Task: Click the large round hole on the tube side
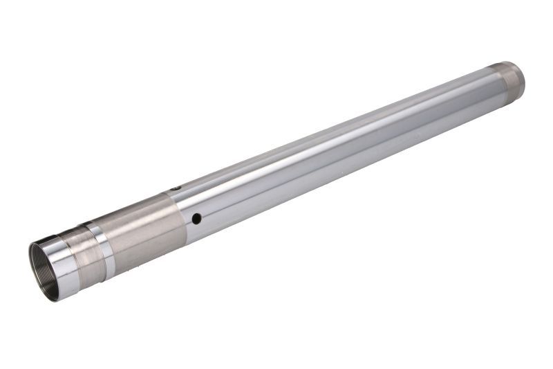pos(196,219)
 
